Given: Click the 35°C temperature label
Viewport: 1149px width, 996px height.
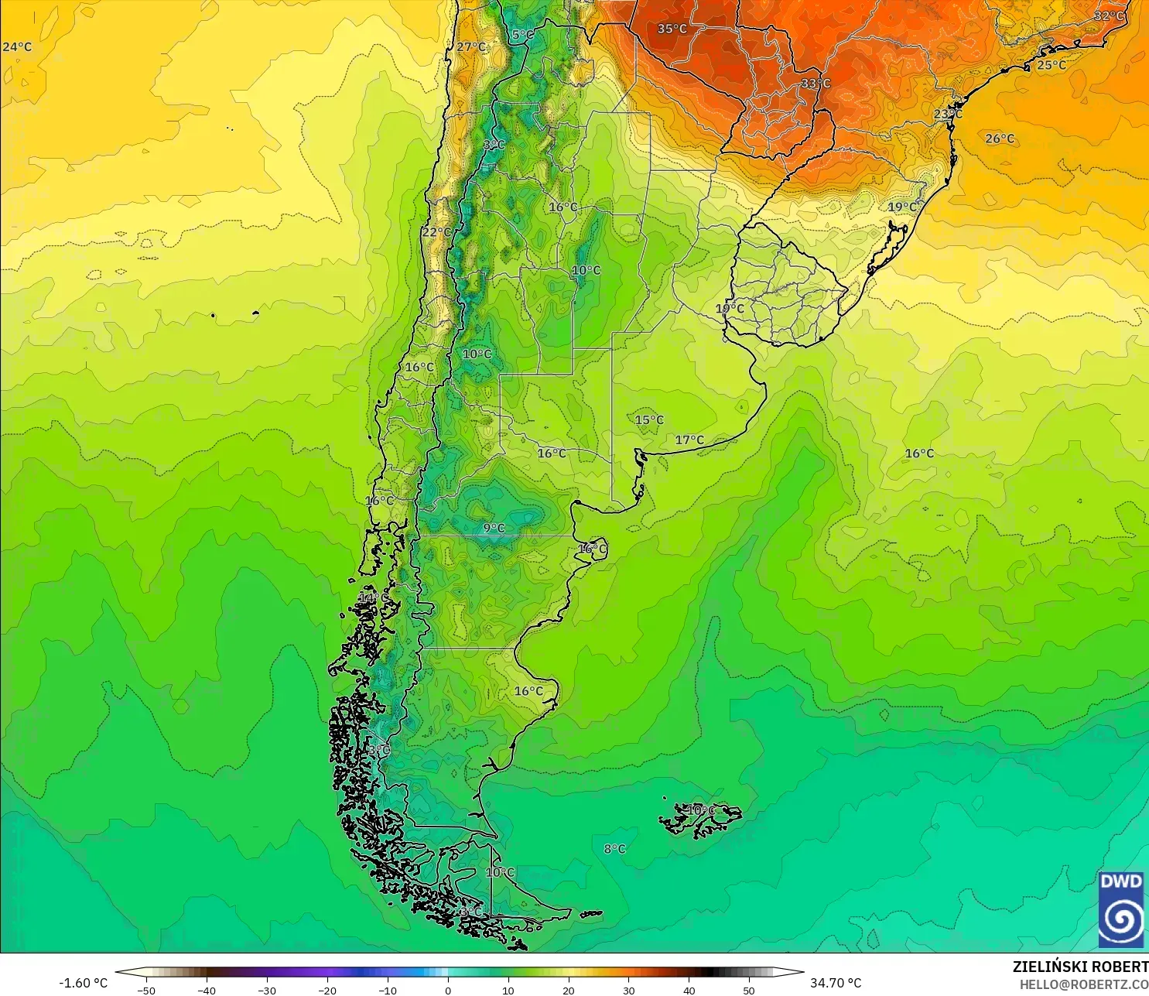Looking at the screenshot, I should click(x=672, y=29).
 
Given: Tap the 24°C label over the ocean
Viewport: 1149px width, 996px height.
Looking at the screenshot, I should click(x=17, y=47).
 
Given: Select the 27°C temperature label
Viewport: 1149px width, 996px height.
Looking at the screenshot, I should click(x=470, y=46).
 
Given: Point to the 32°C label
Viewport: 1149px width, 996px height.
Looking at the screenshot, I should click(x=1108, y=16).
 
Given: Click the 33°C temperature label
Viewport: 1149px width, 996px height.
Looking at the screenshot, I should click(x=816, y=84).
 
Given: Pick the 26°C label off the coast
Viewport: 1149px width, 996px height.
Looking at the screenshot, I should click(x=1000, y=139).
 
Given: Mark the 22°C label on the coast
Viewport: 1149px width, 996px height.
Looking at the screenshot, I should click(x=436, y=232).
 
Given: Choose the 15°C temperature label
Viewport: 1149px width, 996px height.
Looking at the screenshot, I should click(x=649, y=420).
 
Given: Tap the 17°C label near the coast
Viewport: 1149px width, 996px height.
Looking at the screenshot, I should click(x=689, y=440).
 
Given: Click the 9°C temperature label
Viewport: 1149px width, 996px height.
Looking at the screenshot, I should click(x=494, y=529).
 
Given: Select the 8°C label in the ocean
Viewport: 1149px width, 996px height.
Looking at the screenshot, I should click(x=614, y=849).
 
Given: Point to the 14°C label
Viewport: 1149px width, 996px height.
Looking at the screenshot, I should click(x=374, y=598).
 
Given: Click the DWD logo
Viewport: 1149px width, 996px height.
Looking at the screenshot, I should click(x=1120, y=909).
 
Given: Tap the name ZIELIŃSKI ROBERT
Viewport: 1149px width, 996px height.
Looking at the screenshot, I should click(x=1080, y=967).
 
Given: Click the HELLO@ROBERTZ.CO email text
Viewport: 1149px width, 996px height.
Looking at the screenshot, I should click(x=1083, y=984).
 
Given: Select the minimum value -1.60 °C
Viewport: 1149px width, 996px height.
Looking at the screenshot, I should click(x=84, y=983).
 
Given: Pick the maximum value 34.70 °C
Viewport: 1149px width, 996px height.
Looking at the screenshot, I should click(x=836, y=983).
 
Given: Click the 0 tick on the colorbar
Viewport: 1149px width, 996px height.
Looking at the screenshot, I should click(x=447, y=990).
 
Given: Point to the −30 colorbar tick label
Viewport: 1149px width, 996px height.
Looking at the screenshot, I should click(x=267, y=990).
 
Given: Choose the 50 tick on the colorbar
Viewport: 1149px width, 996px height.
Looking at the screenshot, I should click(x=748, y=990).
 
